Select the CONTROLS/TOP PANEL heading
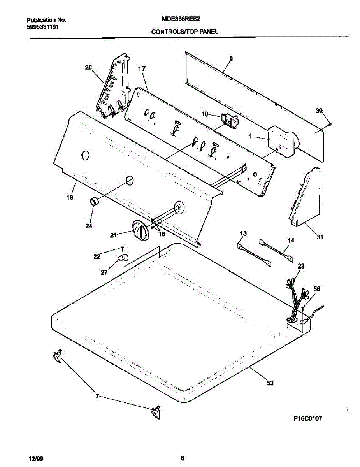pyautogui.click(x=184, y=33)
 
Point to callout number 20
pyautogui.click(x=88, y=67)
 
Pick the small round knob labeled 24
pyautogui.click(x=94, y=202)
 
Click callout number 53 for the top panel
pyautogui.click(x=270, y=383)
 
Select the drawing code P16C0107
pyautogui.click(x=307, y=419)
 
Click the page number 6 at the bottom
pyautogui.click(x=182, y=458)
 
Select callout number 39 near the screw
pyautogui.click(x=319, y=111)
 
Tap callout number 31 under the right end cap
pyautogui.click(x=320, y=236)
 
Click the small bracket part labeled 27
pyautogui.click(x=123, y=258)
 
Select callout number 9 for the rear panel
pyautogui.click(x=231, y=59)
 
